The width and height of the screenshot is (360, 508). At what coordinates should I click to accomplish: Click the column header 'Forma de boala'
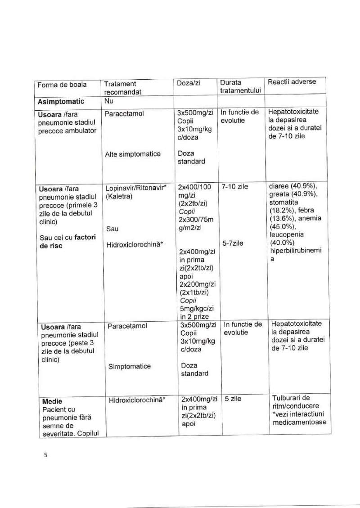(62, 85)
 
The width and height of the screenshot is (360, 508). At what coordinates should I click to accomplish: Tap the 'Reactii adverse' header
(292, 82)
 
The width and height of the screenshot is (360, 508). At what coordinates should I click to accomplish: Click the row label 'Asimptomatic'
(61, 102)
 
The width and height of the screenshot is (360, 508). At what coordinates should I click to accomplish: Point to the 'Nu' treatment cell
(108, 102)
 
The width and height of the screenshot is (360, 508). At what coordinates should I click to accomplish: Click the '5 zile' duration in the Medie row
(233, 399)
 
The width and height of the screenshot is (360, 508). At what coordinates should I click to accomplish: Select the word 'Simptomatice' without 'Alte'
(129, 366)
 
